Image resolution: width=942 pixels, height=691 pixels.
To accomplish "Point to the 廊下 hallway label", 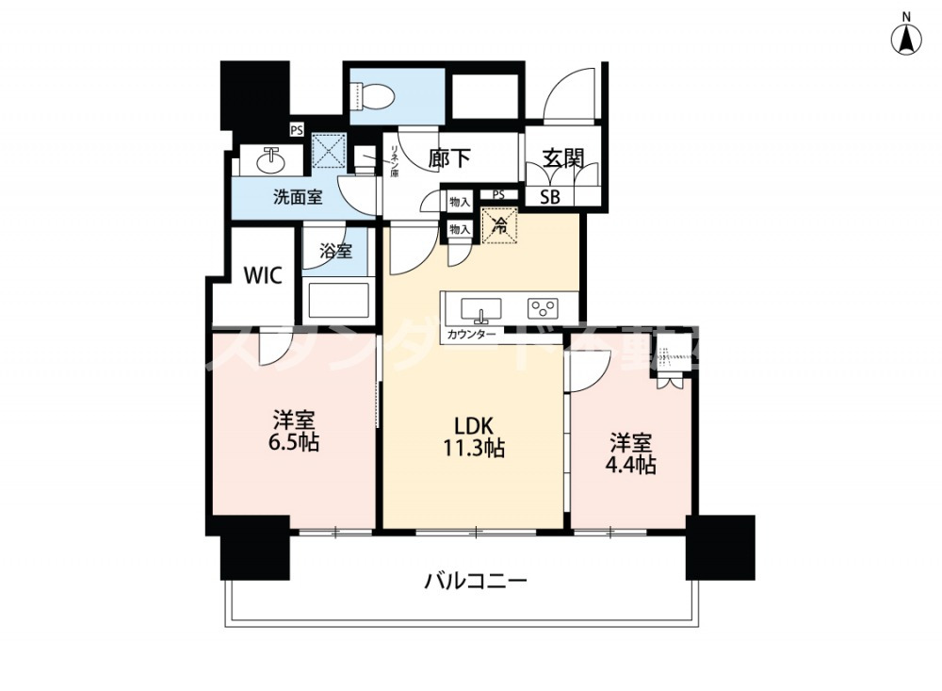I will coord(449,158).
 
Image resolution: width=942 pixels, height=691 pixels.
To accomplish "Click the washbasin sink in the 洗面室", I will coord(272,159).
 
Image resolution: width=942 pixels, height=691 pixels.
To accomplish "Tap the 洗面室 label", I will coord(298,197).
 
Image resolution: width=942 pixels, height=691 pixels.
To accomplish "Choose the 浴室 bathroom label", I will coord(335,252).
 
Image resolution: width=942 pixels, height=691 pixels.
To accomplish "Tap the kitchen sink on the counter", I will coord(479,308).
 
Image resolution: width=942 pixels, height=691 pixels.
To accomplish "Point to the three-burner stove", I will coord(543,307).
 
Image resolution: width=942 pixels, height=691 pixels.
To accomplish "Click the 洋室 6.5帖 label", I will coord(294,430).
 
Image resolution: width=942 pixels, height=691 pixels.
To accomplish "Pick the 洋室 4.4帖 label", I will coord(631,452).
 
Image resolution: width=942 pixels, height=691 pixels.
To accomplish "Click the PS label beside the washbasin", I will coord(296,131).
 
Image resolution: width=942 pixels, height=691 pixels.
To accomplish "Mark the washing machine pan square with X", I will coord(330,150).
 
